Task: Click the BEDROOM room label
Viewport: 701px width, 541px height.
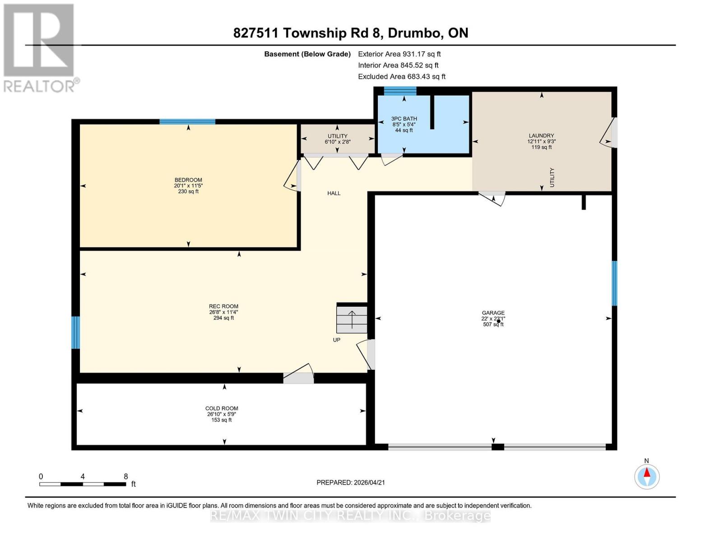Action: [188, 180]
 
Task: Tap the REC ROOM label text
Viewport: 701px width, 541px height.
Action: [223, 307]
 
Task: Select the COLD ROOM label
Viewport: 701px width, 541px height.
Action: [222, 408]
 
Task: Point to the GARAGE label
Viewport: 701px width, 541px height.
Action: [493, 313]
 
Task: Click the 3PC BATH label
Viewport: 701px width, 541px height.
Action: [404, 119]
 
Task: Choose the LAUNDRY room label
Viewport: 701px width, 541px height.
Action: [541, 136]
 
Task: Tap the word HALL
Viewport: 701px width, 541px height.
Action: [334, 193]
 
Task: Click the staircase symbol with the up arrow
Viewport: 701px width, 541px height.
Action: [352, 319]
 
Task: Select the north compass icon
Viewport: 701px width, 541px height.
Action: [647, 476]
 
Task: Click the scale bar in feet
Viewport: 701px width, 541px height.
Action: [83, 484]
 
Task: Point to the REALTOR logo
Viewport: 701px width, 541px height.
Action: [40, 47]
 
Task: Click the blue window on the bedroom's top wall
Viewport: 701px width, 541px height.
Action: [187, 121]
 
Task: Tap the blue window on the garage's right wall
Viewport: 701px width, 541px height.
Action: [614, 283]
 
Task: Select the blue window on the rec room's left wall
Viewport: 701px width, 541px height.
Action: [75, 332]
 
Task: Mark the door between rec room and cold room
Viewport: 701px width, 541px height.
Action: [298, 377]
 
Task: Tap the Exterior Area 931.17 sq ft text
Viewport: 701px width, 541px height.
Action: [399, 54]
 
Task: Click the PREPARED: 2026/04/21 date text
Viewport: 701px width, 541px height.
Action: [351, 482]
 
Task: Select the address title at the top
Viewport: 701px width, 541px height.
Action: [351, 33]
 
